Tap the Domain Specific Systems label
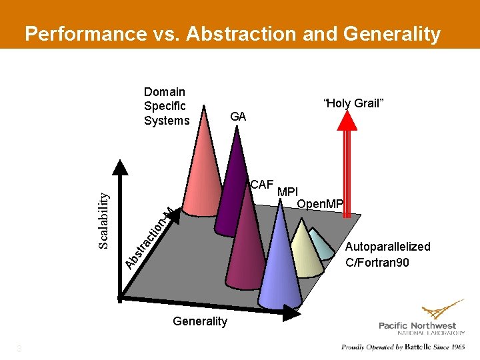(166, 106)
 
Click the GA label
(238, 117)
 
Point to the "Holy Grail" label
(353, 103)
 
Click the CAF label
(262, 185)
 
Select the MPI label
(288, 193)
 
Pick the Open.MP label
(320, 203)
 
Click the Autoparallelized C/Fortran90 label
(387, 255)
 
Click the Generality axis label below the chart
(199, 321)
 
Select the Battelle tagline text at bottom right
(403, 347)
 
